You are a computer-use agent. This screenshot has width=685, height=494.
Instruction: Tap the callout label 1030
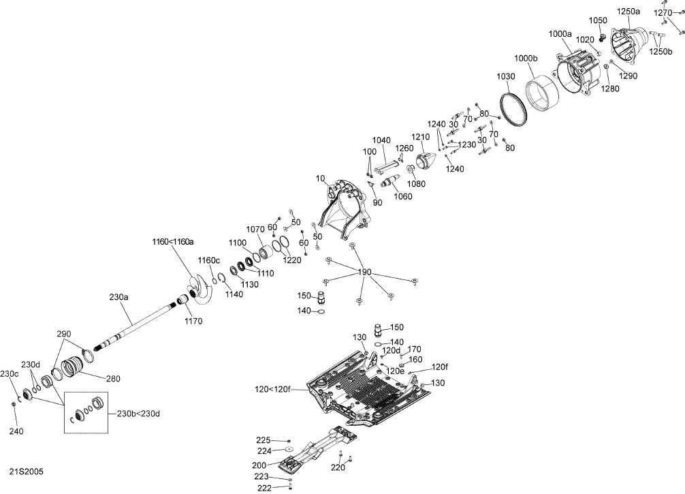click(x=506, y=76)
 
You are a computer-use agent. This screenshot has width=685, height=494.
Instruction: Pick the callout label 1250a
click(x=628, y=12)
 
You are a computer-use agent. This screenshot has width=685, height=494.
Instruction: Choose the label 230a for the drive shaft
click(x=118, y=296)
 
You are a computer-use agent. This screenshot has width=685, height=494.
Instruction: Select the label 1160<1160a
click(x=172, y=241)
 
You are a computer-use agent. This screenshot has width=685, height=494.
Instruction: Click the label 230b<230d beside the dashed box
click(x=139, y=414)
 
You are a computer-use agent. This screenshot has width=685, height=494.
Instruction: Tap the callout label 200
click(x=259, y=465)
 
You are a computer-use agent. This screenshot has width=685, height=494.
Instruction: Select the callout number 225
click(x=262, y=439)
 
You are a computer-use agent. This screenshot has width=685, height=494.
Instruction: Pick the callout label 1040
click(x=382, y=140)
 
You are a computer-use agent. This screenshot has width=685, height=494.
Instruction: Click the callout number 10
click(x=320, y=179)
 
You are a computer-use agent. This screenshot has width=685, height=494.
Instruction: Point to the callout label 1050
click(x=598, y=20)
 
